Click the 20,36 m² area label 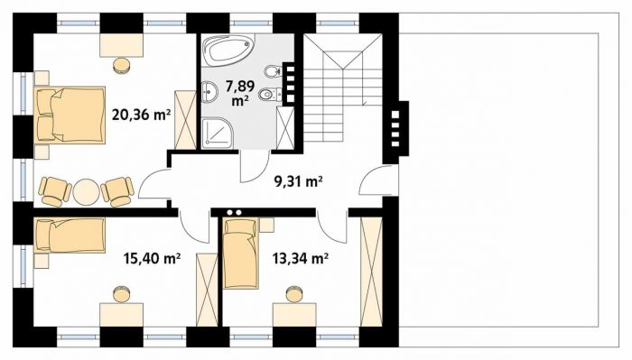point(140,115)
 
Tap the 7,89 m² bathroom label point(240,93)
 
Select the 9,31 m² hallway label point(298,182)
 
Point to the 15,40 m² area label point(152,258)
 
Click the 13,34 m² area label point(300,258)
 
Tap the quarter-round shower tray point(217,133)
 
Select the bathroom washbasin point(209,92)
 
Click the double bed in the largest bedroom point(70,115)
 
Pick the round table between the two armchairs point(87,192)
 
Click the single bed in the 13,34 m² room point(241,254)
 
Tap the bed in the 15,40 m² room point(70,235)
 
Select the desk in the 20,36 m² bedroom point(122,45)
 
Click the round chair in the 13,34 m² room point(294,294)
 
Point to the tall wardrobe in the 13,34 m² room point(371,272)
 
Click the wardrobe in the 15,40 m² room point(207,290)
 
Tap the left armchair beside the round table point(54,191)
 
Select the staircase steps point(342,88)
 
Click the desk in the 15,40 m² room point(122,315)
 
